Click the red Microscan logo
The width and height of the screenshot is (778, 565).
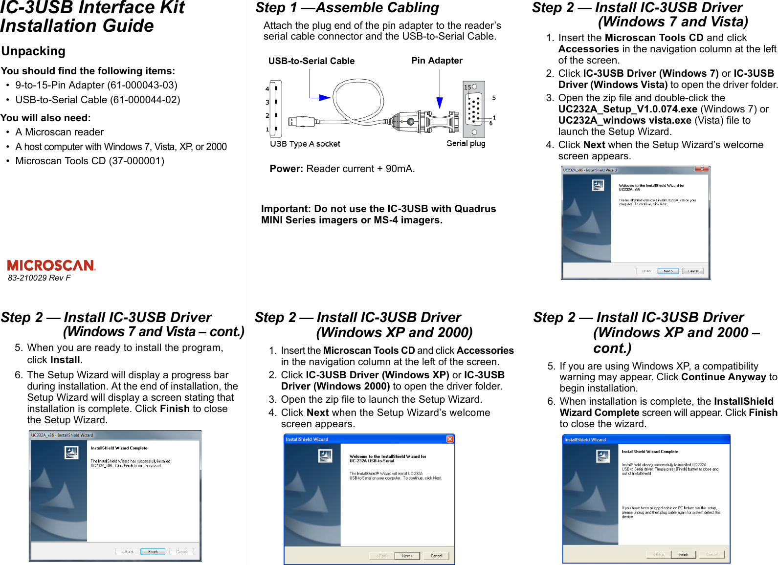51,265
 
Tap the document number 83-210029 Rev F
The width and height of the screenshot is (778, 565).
39,278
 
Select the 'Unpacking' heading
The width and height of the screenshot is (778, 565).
33,51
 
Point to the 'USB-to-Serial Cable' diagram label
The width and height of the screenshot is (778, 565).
311,61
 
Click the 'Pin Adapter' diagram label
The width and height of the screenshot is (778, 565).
437,61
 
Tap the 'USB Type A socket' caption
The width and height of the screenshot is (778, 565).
305,144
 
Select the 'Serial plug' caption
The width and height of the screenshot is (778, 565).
466,143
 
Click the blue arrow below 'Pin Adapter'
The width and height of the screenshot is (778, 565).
440,102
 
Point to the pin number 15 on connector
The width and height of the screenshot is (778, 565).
467,87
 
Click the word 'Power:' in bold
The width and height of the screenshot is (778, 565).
287,169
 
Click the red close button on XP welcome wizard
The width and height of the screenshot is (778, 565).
450,439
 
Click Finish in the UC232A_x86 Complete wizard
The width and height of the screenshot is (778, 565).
153,552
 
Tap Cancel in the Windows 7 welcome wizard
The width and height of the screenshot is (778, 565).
693,271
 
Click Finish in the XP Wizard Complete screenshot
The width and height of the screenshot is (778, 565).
683,555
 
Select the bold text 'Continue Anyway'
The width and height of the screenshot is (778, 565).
723,377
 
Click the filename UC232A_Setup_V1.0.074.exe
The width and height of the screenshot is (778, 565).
628,109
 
